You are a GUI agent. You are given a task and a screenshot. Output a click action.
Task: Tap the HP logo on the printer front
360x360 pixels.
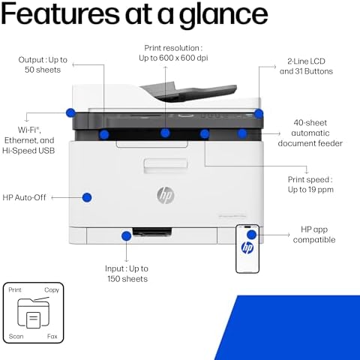coord(166,195)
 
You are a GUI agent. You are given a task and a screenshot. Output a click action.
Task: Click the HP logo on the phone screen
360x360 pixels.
coord(247,247)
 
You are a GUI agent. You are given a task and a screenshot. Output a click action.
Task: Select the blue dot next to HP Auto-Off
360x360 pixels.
coord(87,197)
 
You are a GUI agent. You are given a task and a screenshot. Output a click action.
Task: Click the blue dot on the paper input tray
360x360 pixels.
coord(126,236)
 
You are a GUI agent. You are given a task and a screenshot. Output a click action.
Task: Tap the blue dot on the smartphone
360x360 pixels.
coord(252,235)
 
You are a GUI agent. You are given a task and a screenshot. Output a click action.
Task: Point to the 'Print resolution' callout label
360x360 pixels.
coord(173,48)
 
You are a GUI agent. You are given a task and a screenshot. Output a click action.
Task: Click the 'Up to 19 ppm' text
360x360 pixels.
coord(310,190)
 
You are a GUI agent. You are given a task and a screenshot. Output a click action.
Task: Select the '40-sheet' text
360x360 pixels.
coord(310,123)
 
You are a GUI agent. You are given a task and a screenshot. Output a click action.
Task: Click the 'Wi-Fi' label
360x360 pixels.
coord(29,130)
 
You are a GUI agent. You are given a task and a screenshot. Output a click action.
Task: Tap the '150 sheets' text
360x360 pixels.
coord(127,279)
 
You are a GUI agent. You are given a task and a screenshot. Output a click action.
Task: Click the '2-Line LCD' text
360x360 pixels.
coord(306,61)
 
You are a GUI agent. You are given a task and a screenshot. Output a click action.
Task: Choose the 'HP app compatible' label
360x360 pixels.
coord(314,235)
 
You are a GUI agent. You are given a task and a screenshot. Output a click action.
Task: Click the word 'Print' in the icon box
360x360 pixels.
coord(15,289)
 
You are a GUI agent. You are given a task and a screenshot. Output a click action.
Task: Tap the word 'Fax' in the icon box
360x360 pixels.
coord(52,336)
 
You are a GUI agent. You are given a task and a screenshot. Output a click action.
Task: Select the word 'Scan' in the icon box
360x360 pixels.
coord(16,336)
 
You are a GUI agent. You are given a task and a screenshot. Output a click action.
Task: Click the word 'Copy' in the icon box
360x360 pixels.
coord(52,290)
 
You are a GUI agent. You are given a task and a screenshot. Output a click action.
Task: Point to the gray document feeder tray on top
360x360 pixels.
coord(189,91)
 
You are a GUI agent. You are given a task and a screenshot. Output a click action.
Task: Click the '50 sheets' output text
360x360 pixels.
coord(43,70)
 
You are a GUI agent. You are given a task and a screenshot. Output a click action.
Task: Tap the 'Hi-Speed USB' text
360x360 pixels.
coord(28,151)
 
